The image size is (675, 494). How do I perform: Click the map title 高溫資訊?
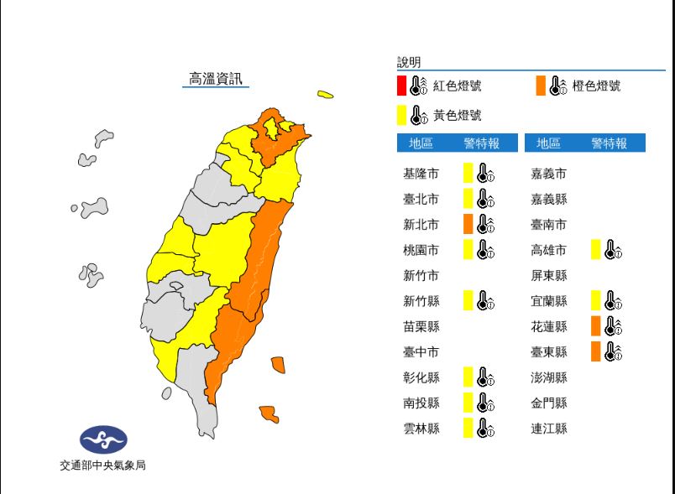click(x=216, y=79)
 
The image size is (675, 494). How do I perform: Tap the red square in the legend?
click(x=401, y=86)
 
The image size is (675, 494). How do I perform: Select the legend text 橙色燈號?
click(x=596, y=86)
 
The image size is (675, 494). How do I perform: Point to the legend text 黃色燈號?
click(x=458, y=115)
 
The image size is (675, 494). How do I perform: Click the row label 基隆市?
click(x=421, y=174)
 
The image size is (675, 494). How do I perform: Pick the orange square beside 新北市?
click(x=468, y=224)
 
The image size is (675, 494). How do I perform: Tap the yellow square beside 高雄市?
click(x=595, y=249)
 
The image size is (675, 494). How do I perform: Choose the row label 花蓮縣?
click(x=549, y=326)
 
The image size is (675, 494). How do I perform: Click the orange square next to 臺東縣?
click(x=595, y=351)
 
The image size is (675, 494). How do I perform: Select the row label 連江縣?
click(x=549, y=429)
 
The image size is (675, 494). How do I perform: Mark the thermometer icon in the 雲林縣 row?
click(x=485, y=429)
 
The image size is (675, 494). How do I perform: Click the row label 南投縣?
click(x=421, y=403)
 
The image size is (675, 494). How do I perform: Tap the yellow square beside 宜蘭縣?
click(x=595, y=300)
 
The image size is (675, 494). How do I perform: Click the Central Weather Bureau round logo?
click(x=103, y=439)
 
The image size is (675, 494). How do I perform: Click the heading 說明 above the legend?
click(x=409, y=62)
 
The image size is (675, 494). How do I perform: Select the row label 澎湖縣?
click(x=549, y=377)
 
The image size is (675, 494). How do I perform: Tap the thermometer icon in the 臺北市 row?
click(x=485, y=199)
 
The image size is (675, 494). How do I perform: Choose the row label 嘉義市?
click(x=549, y=174)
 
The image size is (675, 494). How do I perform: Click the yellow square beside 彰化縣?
click(x=468, y=377)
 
